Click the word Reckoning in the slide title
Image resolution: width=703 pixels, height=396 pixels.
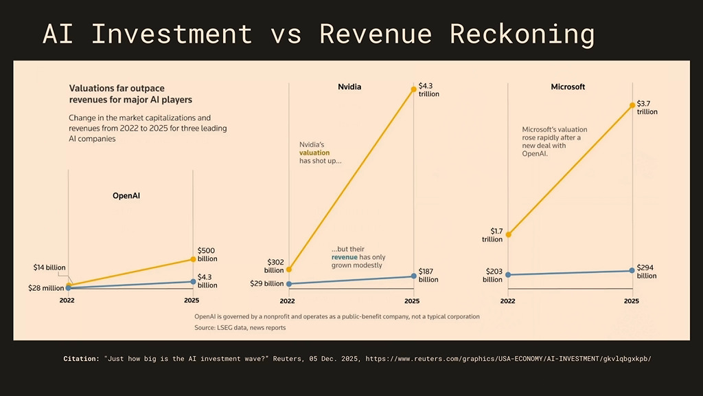[522, 34]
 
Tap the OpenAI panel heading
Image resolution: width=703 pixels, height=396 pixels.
[130, 196]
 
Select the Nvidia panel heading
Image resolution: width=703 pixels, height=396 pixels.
[349, 87]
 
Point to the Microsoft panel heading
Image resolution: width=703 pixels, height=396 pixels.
[568, 87]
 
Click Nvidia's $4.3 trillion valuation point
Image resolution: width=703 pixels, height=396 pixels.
[413, 88]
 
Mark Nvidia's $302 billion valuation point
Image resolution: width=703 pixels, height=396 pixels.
[288, 269]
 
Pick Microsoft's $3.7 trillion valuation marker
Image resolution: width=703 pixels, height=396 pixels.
[632, 105]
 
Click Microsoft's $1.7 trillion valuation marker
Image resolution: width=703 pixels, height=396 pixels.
[508, 234]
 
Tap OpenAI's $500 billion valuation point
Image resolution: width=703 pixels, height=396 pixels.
[193, 259]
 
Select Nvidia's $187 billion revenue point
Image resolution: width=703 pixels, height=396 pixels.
[413, 276]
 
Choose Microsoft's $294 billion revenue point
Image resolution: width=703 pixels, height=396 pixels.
[632, 271]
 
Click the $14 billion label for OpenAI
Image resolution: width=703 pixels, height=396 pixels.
[49, 267]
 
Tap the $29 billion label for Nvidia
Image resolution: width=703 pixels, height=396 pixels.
[266, 283]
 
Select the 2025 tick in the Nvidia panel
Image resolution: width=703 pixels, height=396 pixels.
[412, 300]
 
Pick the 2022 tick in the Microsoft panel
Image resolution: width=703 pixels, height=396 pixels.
[508, 300]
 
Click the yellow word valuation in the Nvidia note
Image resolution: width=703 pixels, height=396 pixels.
[314, 153]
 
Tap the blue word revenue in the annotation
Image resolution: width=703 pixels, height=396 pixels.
[345, 257]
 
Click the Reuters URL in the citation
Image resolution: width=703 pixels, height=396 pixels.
[508, 359]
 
